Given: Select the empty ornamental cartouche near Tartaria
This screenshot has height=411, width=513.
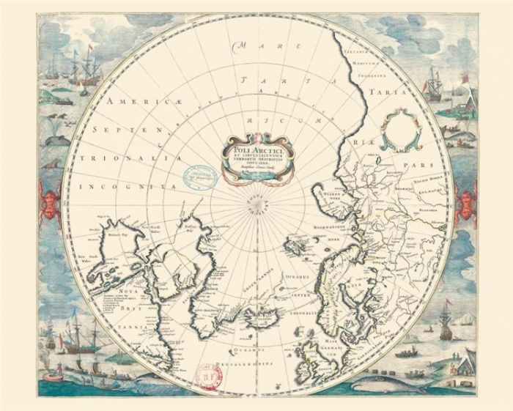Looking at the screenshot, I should pyautogui.click(x=401, y=127).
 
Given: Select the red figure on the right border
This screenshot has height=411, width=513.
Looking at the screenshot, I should pyautogui.click(x=465, y=200).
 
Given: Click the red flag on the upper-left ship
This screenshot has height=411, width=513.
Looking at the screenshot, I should pyautogui.click(x=92, y=48).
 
